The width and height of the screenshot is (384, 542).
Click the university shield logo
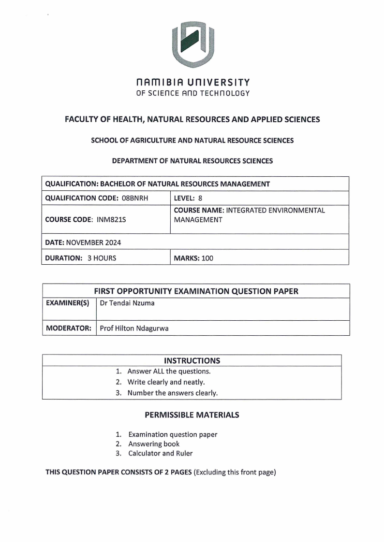point(192,44)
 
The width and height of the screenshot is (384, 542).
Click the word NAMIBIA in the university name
point(159,83)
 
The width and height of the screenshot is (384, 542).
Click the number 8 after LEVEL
point(200,198)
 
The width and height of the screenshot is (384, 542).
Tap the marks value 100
point(207,258)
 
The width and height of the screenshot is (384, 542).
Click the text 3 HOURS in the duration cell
point(102,258)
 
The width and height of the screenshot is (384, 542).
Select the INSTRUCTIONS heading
point(192,360)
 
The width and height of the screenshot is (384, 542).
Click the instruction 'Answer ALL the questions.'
point(169,371)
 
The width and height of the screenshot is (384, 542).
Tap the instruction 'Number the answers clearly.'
point(172,393)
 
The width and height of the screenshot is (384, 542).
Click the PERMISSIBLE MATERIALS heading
point(192,415)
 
